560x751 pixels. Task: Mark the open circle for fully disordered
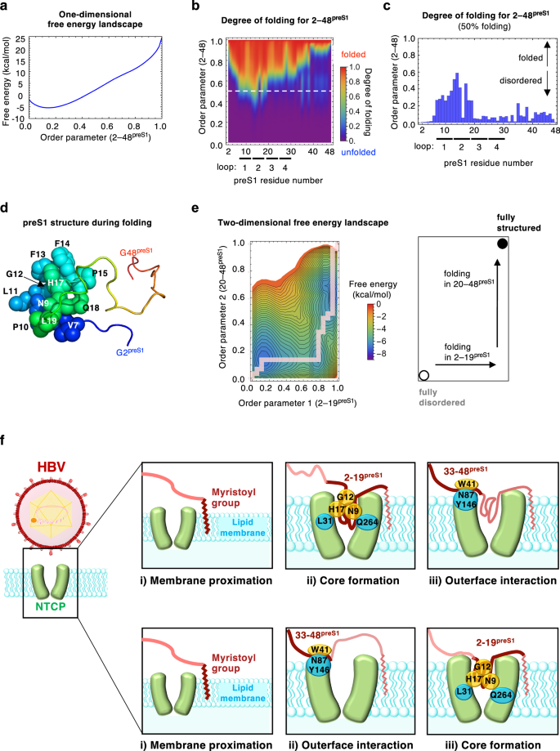coord(423,375)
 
